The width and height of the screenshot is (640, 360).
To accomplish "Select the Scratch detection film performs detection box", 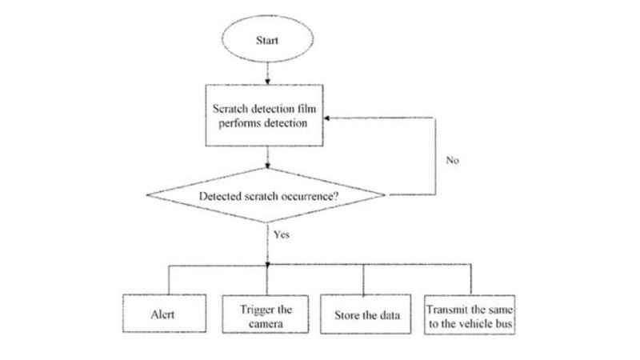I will pyautogui.click(x=265, y=118).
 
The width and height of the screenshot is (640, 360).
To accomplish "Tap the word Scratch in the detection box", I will pyautogui.click(x=230, y=110).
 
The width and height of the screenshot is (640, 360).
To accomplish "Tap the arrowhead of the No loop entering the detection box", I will pyautogui.click(x=328, y=118).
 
